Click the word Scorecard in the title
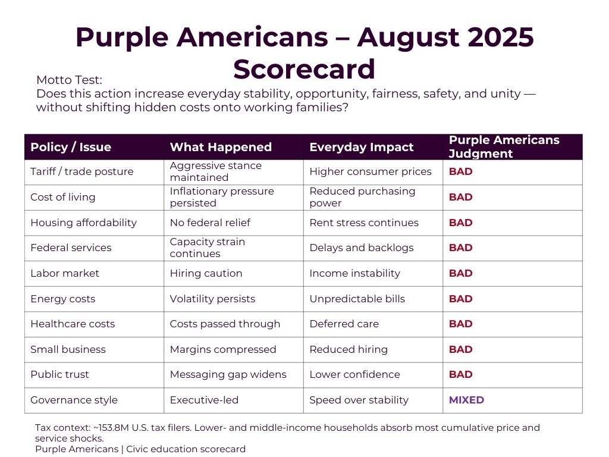tap(304, 69)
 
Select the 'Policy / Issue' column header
tap(71, 147)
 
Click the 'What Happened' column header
tap(221, 147)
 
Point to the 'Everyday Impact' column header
tap(361, 147)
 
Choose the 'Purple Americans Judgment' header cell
tap(504, 146)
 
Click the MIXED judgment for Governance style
tap(466, 400)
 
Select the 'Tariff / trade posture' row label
tap(82, 171)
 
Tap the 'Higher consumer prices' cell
tap(371, 171)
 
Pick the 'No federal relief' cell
tap(210, 223)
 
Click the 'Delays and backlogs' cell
tap(361, 248)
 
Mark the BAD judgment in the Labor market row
tap(460, 273)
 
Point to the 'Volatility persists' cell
tap(212, 299)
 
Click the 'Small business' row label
tap(68, 349)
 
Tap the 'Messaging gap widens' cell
tap(228, 374)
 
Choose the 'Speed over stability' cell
tap(359, 400)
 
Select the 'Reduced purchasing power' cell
tap(362, 197)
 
